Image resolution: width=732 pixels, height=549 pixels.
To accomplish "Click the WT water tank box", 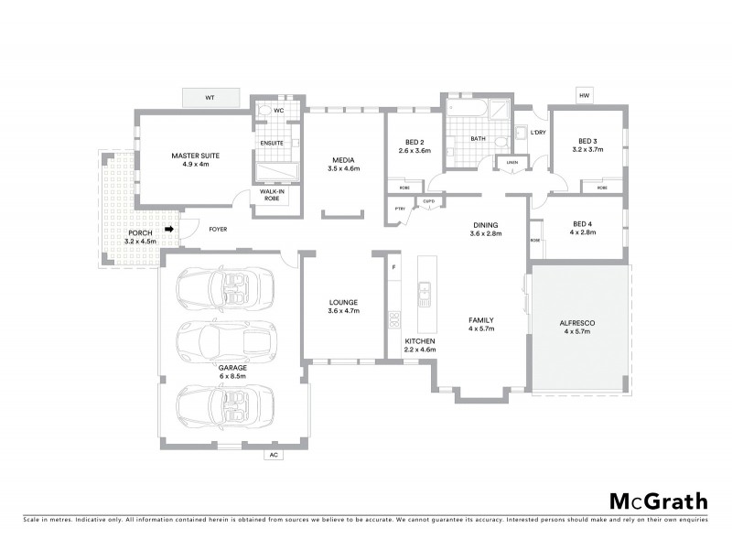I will point(210,97).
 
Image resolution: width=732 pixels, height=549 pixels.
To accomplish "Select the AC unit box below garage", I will point(273,454).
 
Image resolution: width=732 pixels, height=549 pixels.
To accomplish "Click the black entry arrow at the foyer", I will point(169,230).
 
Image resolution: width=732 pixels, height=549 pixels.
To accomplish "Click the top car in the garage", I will point(225,287).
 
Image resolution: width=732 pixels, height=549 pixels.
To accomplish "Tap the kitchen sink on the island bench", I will point(425,294).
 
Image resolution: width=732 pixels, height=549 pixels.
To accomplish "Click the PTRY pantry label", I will point(400,210).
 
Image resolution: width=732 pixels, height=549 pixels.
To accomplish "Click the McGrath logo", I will point(658,501).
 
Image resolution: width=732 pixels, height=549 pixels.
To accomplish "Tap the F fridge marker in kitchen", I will point(393,266).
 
